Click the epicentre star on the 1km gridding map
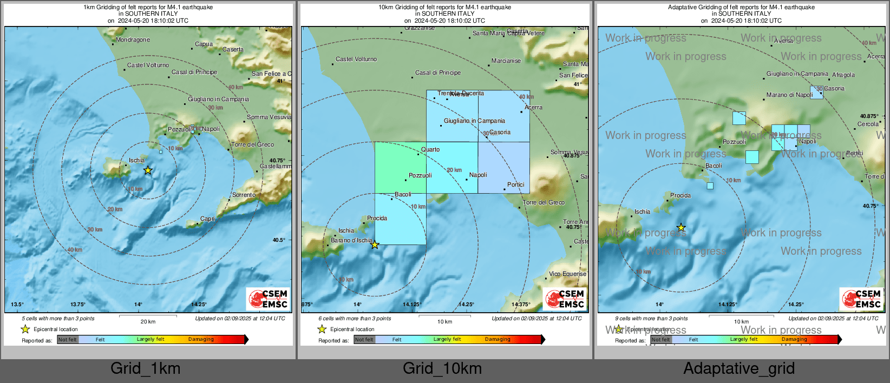(148, 170)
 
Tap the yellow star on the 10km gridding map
(375, 245)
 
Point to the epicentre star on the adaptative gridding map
(681, 228)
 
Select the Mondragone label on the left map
(133, 40)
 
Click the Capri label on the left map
(207, 219)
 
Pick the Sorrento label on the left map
(244, 195)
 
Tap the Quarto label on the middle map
(430, 150)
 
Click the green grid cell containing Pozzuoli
(400, 168)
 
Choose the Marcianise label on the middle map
(506, 61)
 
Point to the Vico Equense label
(567, 274)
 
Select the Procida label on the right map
(680, 196)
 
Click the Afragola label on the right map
(843, 75)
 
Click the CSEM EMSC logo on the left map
(268, 299)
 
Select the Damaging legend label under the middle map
(498, 339)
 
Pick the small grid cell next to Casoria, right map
(816, 92)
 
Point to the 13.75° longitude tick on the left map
(78, 305)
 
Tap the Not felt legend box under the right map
(661, 340)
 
